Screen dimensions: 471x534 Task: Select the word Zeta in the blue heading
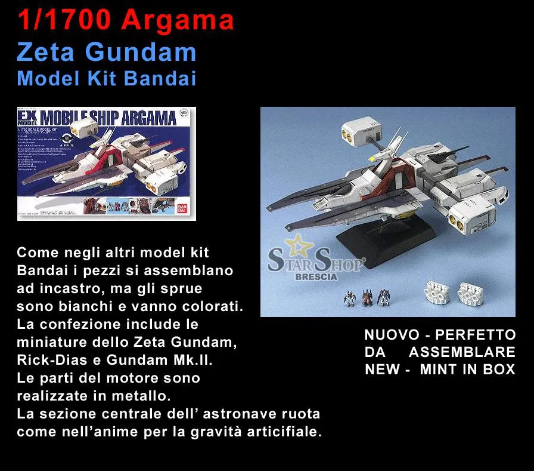pyautogui.click(x=45, y=53)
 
